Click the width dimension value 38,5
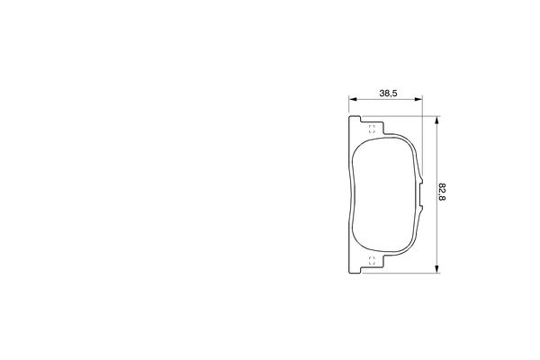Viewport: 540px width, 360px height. tap(388, 93)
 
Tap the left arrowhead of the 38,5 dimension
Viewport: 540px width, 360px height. tap(352, 101)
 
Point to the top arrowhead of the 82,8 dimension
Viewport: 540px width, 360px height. tap(436, 119)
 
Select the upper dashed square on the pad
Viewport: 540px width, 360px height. tap(373, 129)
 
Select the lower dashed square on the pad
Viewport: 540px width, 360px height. tap(373, 261)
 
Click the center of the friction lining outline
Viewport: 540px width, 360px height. tap(384, 193)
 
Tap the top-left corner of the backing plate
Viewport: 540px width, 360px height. tap(349, 116)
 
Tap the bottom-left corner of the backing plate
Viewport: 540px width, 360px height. tap(349, 270)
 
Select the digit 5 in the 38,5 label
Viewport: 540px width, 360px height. tap(395, 93)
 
